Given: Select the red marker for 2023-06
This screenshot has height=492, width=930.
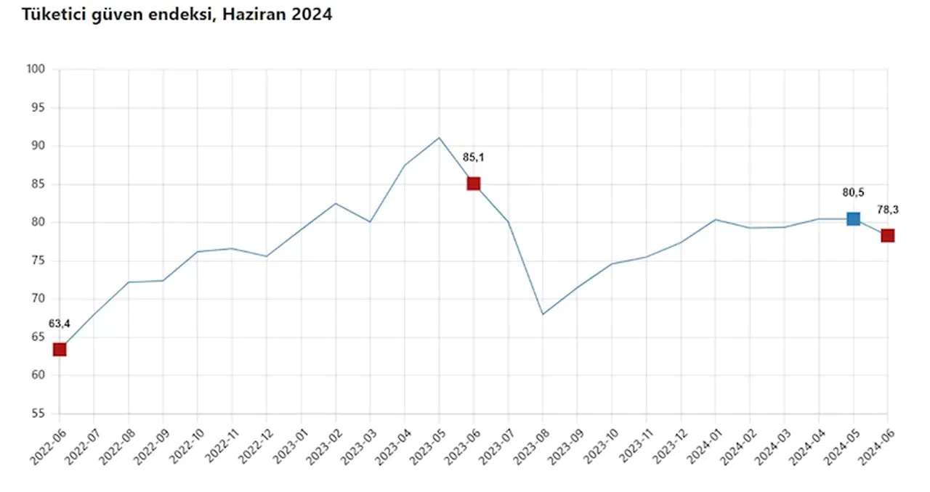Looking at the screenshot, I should point(474,184).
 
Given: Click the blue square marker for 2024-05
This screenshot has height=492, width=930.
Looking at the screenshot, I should point(853,218).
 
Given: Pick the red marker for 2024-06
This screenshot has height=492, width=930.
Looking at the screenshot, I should point(887,235).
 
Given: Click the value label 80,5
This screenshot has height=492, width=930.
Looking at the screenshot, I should point(854,192).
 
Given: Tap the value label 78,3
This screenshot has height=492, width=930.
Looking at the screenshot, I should point(888,209).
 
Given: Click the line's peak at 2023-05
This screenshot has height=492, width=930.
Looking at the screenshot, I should point(439,138).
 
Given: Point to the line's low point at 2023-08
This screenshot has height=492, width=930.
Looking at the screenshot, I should point(543,314).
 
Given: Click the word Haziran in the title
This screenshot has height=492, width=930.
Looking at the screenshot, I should point(259,14).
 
